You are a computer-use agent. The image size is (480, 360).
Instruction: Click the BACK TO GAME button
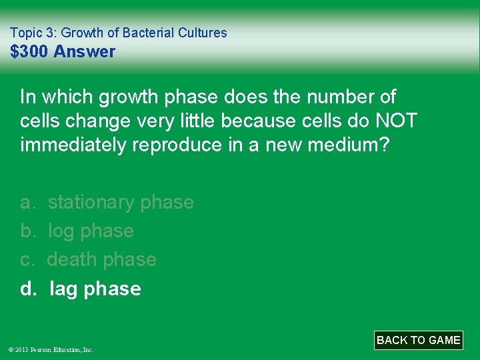coord(418,340)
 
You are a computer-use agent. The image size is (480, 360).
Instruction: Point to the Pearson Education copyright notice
coord(51,349)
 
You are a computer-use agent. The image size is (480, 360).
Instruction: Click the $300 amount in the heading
coord(30,51)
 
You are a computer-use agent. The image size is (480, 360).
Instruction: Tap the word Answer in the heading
coord(84,51)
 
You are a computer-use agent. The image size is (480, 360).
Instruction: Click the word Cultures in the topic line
coord(203,33)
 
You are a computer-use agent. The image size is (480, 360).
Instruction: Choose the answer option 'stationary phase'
coord(121,202)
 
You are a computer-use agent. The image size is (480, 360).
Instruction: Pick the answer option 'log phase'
coord(91,231)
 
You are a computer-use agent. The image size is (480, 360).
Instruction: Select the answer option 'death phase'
coord(101,259)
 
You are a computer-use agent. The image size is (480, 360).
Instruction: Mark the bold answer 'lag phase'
coord(95,289)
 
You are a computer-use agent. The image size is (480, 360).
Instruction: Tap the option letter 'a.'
coord(28,202)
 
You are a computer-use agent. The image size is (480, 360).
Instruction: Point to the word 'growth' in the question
coord(128,97)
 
